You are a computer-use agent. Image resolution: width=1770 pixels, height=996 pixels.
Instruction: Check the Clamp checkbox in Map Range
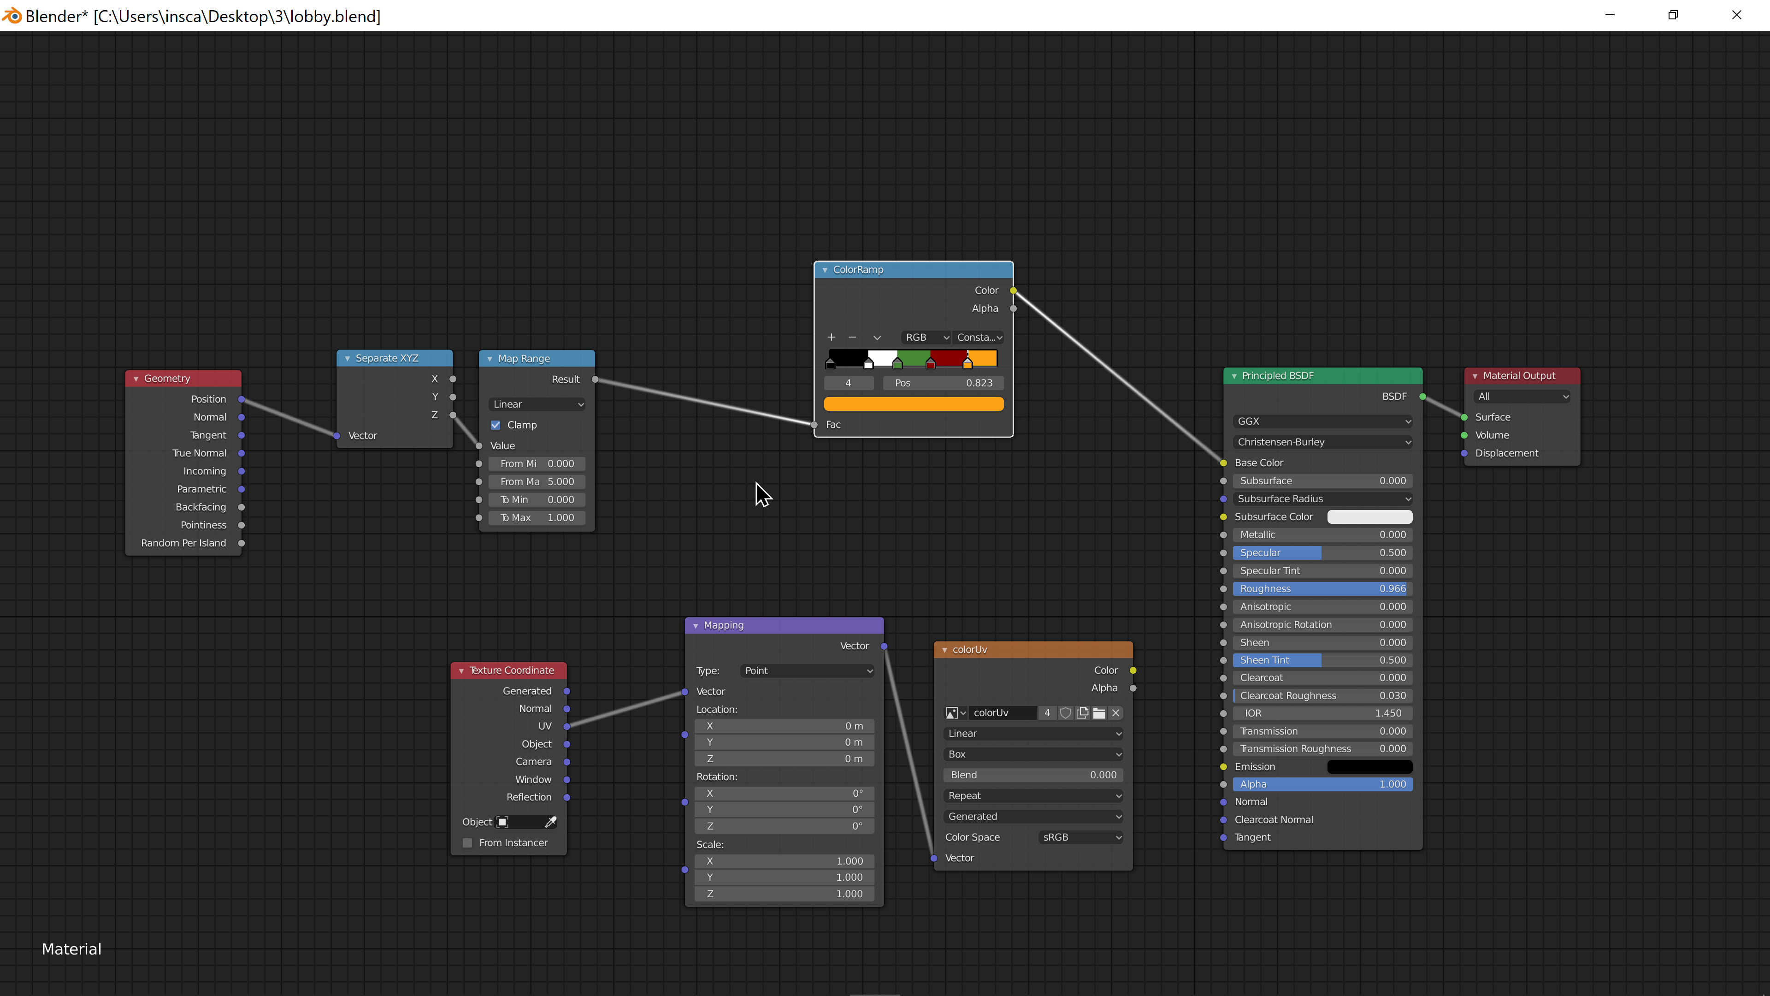click(x=496, y=425)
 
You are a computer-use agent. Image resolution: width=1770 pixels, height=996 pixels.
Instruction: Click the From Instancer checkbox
click(x=467, y=843)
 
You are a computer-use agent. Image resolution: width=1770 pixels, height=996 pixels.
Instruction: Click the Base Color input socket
click(x=1223, y=462)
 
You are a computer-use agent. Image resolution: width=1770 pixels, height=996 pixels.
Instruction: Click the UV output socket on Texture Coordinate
click(x=567, y=726)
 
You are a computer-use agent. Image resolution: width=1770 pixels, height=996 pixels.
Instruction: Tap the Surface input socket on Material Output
click(x=1464, y=417)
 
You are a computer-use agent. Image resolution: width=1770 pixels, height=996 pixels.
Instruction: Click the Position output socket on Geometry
click(x=241, y=399)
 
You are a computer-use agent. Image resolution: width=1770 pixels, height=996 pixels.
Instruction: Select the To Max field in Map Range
click(x=537, y=517)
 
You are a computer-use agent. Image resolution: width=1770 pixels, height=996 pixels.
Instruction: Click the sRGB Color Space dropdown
click(x=1081, y=837)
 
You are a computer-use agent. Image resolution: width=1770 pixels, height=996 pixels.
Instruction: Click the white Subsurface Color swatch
click(x=1369, y=517)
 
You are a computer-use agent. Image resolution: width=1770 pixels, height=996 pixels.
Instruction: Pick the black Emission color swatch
click(x=1369, y=766)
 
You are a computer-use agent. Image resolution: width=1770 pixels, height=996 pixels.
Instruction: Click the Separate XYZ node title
click(x=387, y=358)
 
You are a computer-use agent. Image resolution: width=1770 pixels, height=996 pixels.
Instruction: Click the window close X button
click(x=1736, y=14)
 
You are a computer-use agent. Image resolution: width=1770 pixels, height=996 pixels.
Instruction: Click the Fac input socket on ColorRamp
click(x=814, y=425)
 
